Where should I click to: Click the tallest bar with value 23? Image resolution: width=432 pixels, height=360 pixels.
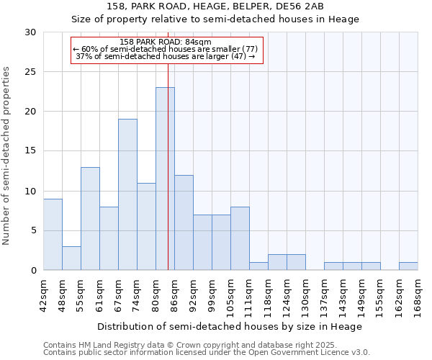click(165, 179)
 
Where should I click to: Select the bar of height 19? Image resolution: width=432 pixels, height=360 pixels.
click(127, 194)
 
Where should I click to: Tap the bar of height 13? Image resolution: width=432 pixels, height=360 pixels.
click(90, 218)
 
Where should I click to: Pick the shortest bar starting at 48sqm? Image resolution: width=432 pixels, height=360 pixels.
click(71, 258)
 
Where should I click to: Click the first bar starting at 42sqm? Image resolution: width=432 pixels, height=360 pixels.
click(53, 234)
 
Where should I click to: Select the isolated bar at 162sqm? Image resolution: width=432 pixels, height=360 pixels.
click(408, 266)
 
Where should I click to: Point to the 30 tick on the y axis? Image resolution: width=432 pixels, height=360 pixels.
click(32, 32)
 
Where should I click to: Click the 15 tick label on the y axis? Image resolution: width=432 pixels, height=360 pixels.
click(32, 151)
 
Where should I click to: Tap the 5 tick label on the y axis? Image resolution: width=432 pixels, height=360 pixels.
click(35, 230)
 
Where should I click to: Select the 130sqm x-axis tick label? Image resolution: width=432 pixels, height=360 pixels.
click(305, 293)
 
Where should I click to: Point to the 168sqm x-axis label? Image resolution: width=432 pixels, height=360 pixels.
click(418, 293)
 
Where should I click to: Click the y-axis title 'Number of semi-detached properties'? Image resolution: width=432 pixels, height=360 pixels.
click(7, 156)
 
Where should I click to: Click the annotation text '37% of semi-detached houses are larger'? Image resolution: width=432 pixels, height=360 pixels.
click(166, 56)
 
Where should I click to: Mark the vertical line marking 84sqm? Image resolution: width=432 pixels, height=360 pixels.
click(168, 166)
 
